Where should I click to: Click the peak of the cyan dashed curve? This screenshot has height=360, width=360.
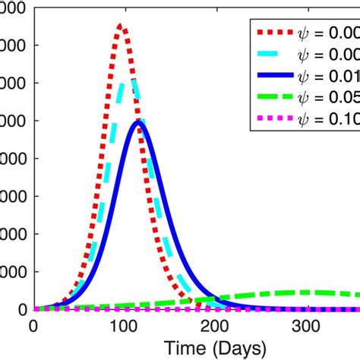[x=134, y=80]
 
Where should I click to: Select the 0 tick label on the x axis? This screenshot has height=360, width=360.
[x=33, y=326]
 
